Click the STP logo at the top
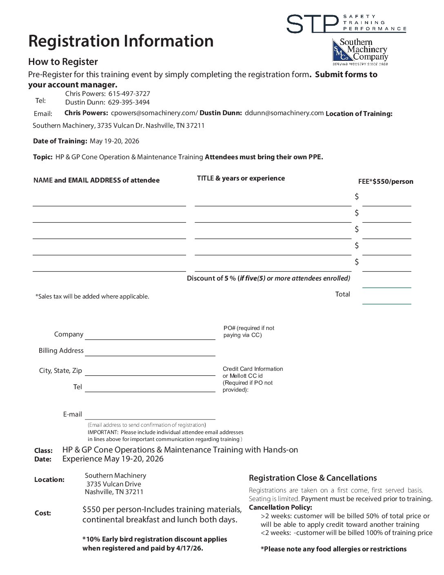(x=346, y=23)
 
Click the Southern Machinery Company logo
(x=360, y=52)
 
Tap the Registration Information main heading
(x=121, y=41)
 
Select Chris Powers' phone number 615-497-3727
(x=129, y=94)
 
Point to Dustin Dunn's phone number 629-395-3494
(x=129, y=102)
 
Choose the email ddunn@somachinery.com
(x=284, y=113)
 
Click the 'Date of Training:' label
(x=60, y=141)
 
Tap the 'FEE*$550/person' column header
(x=385, y=181)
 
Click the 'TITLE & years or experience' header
(x=241, y=178)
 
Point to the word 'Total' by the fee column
(x=342, y=294)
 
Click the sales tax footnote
(x=92, y=296)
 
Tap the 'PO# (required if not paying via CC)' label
(x=249, y=332)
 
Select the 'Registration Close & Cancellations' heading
(x=313, y=478)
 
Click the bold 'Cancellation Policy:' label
(x=280, y=508)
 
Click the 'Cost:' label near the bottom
(x=43, y=513)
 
